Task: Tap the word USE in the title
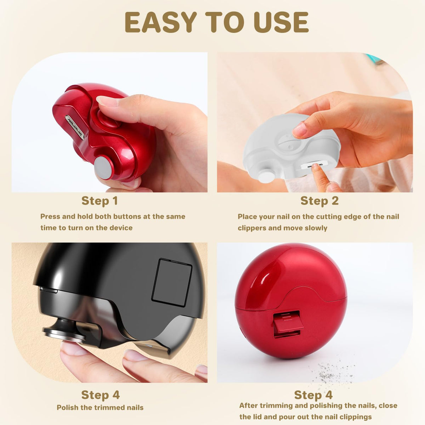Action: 281,22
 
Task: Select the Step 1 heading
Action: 100,201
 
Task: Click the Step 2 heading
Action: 319,201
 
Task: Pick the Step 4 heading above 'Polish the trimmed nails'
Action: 100,395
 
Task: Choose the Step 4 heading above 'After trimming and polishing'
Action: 313,395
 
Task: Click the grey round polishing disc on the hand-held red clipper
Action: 103,167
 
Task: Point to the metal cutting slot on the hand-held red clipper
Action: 75,127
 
